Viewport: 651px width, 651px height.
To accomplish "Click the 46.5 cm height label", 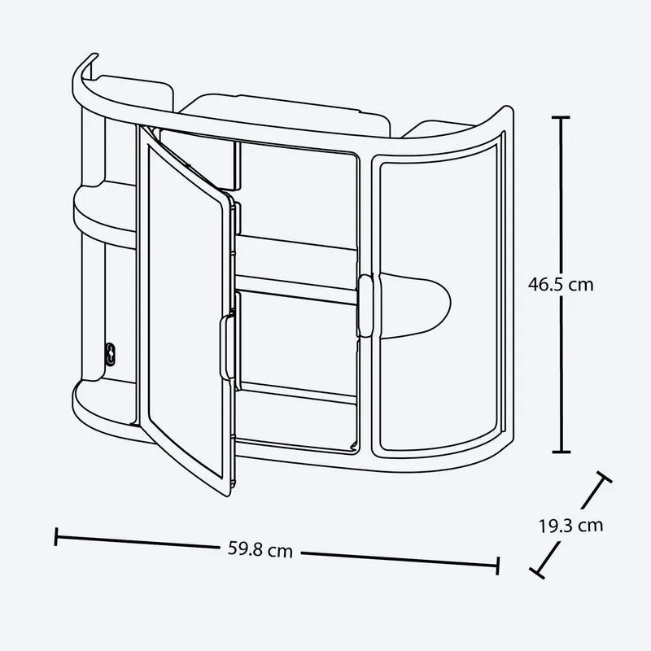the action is coord(561,285).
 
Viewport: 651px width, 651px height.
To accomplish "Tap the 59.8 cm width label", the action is coord(260,550).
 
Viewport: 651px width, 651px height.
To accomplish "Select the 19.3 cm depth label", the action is coord(571,526).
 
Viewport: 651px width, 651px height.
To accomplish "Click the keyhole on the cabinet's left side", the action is coord(110,354).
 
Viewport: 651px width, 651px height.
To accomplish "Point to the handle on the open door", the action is coord(227,347).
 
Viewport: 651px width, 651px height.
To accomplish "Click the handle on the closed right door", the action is coord(365,305).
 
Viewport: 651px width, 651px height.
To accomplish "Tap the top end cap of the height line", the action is coord(561,118).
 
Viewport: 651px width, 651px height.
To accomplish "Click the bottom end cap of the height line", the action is coord(561,452).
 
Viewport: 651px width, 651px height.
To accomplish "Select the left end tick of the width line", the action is coord(56,536).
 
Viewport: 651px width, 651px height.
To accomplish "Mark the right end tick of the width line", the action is coord(497,566).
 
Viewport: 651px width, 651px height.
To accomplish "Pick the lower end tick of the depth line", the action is coord(537,573).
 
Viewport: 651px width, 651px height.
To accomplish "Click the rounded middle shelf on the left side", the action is coord(106,216).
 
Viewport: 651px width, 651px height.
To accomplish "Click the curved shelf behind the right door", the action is coord(415,305).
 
